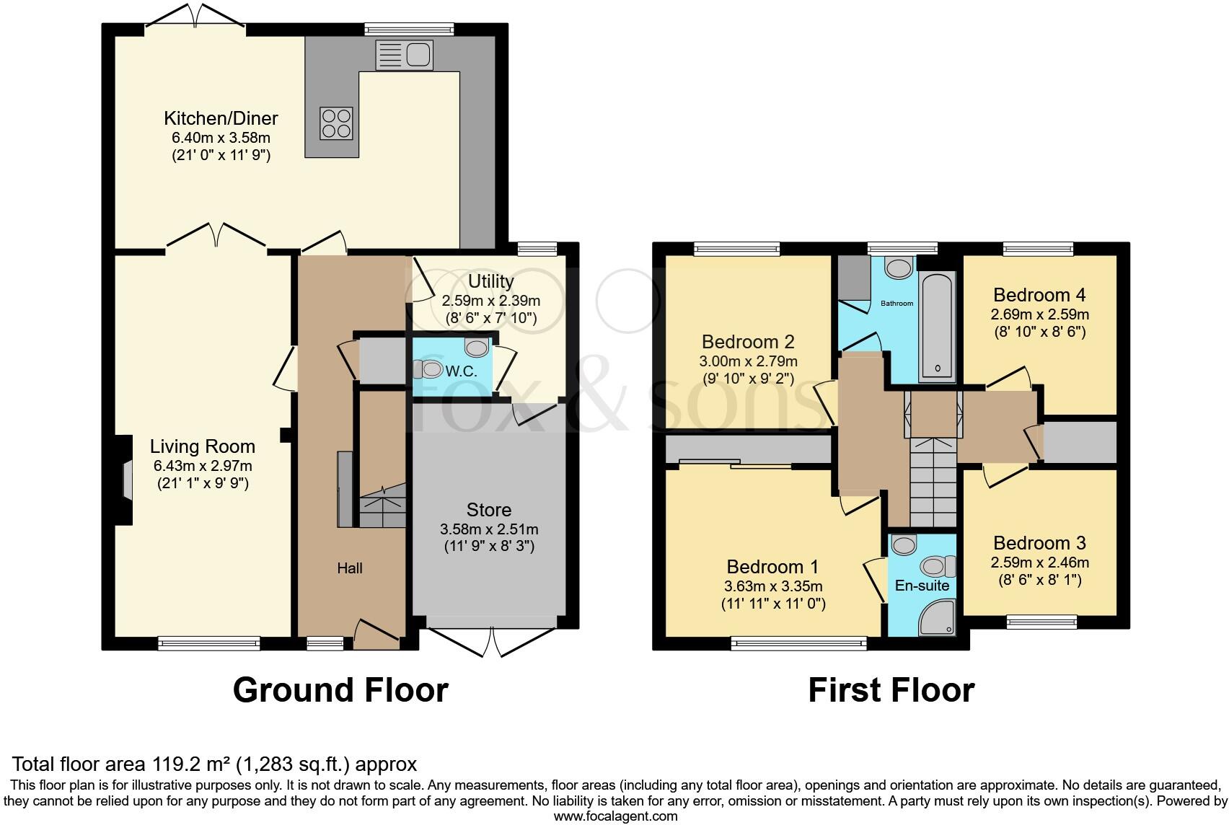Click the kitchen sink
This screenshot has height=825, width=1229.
point(405,56)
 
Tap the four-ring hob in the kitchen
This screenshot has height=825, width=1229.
point(336,123)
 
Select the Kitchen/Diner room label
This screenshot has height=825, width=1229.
point(221,118)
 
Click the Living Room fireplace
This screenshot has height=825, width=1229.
point(125,480)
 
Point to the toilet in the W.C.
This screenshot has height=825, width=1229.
point(428,369)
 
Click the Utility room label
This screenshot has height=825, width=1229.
point(490,281)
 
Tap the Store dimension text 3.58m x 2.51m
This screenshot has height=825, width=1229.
point(489,529)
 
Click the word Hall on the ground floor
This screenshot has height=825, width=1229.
point(350,568)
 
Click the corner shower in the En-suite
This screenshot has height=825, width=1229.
point(938,617)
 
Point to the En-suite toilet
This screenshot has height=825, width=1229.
point(938,567)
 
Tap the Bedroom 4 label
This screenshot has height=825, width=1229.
point(1039,294)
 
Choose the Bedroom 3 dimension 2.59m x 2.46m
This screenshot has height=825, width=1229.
point(1039,562)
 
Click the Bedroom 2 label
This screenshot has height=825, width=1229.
point(748,342)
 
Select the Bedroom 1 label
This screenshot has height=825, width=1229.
point(772,566)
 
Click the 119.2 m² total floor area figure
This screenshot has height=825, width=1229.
point(190,764)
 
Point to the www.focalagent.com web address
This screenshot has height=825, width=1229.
point(616,816)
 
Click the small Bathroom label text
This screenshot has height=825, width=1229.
point(897,304)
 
